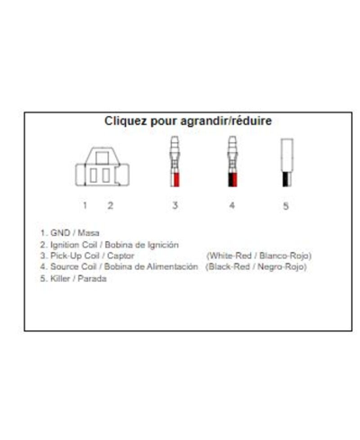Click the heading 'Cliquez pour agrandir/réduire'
coord(188,120)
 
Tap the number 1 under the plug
coord(85,205)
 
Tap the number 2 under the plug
coord(110,205)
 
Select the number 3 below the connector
coord(175,205)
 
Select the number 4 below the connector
coord(231,205)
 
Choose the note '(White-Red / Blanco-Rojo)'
coord(257,256)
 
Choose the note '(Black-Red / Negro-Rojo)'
coord(256,267)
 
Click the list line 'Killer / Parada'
coord(75,279)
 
